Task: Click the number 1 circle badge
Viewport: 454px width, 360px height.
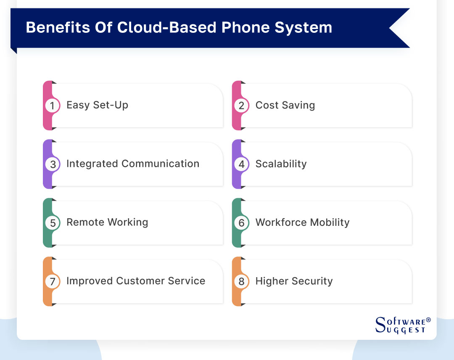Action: [x=53, y=106]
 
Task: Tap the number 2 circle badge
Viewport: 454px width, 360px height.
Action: [x=241, y=106]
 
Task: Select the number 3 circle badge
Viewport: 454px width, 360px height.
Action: [x=53, y=164]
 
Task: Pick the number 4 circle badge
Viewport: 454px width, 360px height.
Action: [x=241, y=164]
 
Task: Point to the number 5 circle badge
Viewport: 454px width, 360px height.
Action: [x=53, y=223]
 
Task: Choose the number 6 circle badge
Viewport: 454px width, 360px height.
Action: [x=241, y=223]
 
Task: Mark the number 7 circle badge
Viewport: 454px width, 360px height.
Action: [x=53, y=281]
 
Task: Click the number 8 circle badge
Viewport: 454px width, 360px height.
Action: [x=241, y=281]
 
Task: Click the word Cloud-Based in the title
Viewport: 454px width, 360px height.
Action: [x=167, y=28]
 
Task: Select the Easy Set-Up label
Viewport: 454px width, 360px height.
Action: [x=97, y=105]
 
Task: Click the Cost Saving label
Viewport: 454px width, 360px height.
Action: [x=285, y=105]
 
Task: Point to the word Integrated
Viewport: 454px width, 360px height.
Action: [x=92, y=164]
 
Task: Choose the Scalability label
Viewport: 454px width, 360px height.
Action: [x=281, y=164]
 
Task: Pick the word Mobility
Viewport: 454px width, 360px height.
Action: [x=329, y=222]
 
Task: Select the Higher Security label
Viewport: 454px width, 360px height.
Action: [x=294, y=281]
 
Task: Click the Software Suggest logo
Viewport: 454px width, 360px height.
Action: [x=402, y=325]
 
